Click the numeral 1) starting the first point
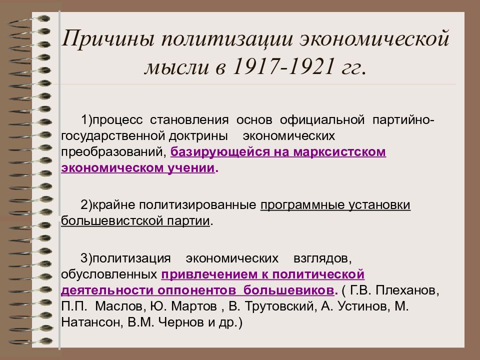(x=86, y=119)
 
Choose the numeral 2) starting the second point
(x=86, y=205)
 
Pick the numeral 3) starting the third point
(x=86, y=258)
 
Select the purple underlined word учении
(x=190, y=168)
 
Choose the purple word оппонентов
(x=196, y=290)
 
